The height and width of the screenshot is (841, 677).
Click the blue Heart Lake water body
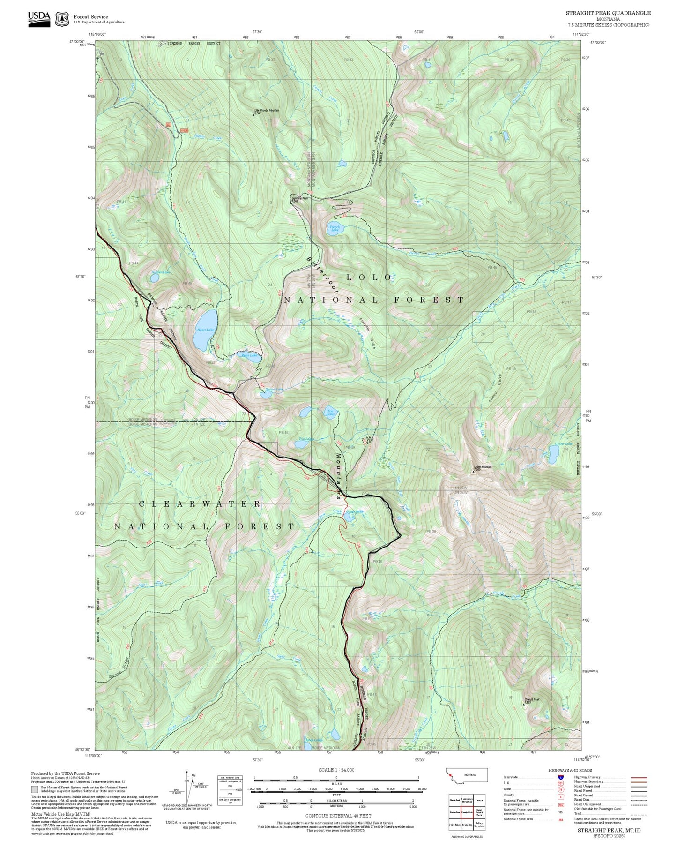coord(205,330)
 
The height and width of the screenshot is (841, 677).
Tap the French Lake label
coord(335,229)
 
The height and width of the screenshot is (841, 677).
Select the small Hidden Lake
coord(154,278)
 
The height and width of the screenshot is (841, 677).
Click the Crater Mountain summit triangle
coord(473,472)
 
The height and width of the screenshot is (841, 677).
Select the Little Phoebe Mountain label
coord(267,111)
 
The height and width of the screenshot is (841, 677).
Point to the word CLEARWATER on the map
coord(200,504)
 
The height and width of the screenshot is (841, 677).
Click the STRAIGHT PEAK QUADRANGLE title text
coord(608,13)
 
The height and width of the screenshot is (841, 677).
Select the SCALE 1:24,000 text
coord(336,770)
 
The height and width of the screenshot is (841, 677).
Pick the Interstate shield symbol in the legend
coord(560,777)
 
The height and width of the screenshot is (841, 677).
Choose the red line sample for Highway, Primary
coord(639,777)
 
